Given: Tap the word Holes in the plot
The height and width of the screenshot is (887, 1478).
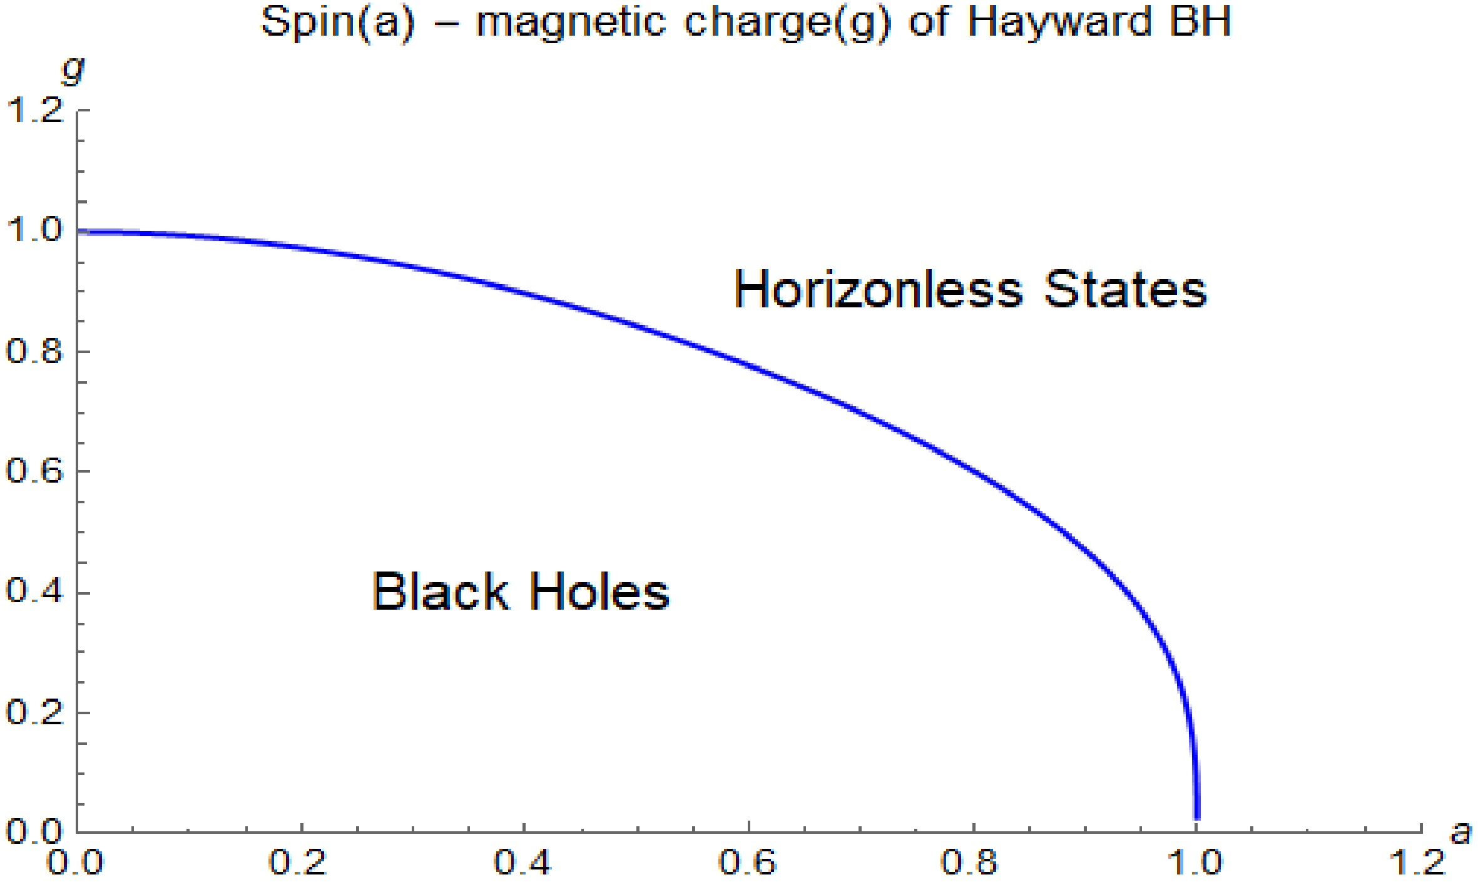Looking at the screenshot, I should (600, 591).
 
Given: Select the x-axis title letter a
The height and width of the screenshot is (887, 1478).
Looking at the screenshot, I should (1460, 832).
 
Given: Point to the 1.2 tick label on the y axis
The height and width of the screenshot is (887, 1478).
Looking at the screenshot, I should (35, 111).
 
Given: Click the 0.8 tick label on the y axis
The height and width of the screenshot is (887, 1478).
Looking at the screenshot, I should (35, 352).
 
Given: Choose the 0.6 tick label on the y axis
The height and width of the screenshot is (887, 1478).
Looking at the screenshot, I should (35, 471).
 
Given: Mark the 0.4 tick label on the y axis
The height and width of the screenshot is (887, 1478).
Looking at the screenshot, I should (35, 592).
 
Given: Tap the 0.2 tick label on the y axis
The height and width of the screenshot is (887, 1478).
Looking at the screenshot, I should (35, 712).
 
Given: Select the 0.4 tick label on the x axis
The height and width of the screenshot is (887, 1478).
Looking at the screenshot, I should (523, 863).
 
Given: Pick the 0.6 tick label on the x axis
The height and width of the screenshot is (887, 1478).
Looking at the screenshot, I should (748, 863).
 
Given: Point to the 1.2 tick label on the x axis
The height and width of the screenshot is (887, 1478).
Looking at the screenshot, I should (1417, 863).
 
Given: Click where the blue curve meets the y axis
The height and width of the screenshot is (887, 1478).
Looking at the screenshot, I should (78, 232).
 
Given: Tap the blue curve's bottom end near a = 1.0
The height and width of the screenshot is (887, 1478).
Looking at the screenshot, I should (1197, 818).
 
